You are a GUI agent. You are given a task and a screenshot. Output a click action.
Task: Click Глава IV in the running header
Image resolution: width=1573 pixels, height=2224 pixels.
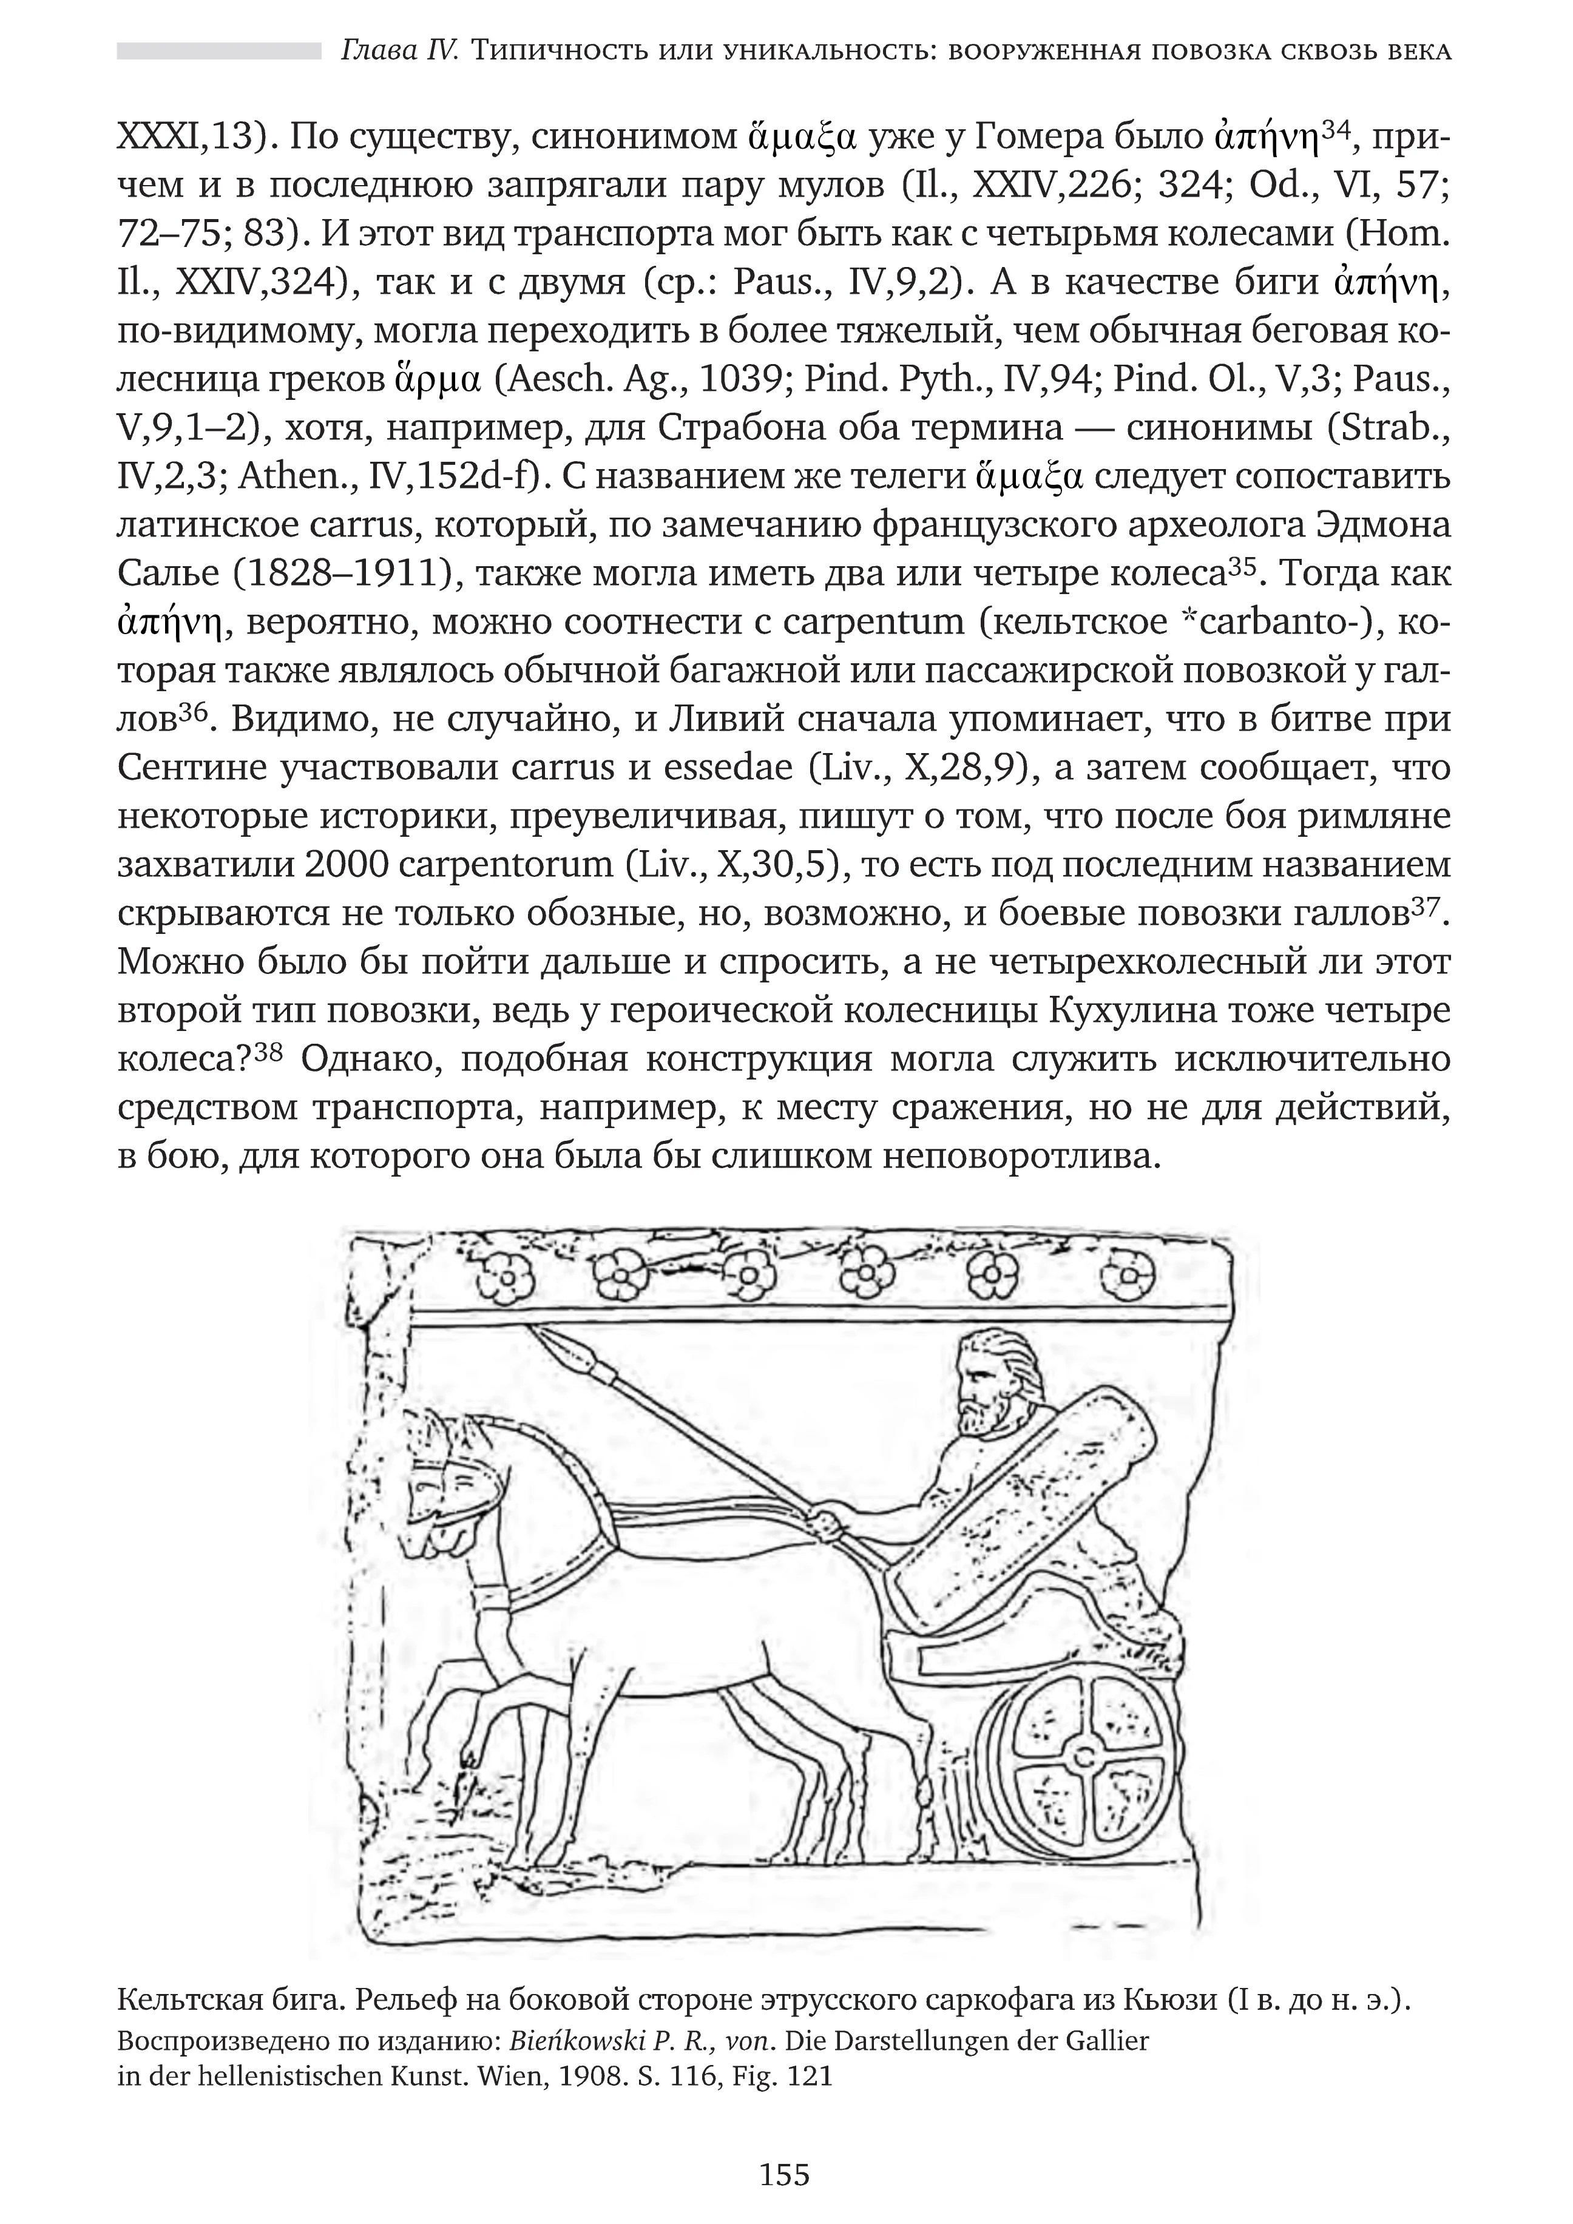click(x=399, y=50)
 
